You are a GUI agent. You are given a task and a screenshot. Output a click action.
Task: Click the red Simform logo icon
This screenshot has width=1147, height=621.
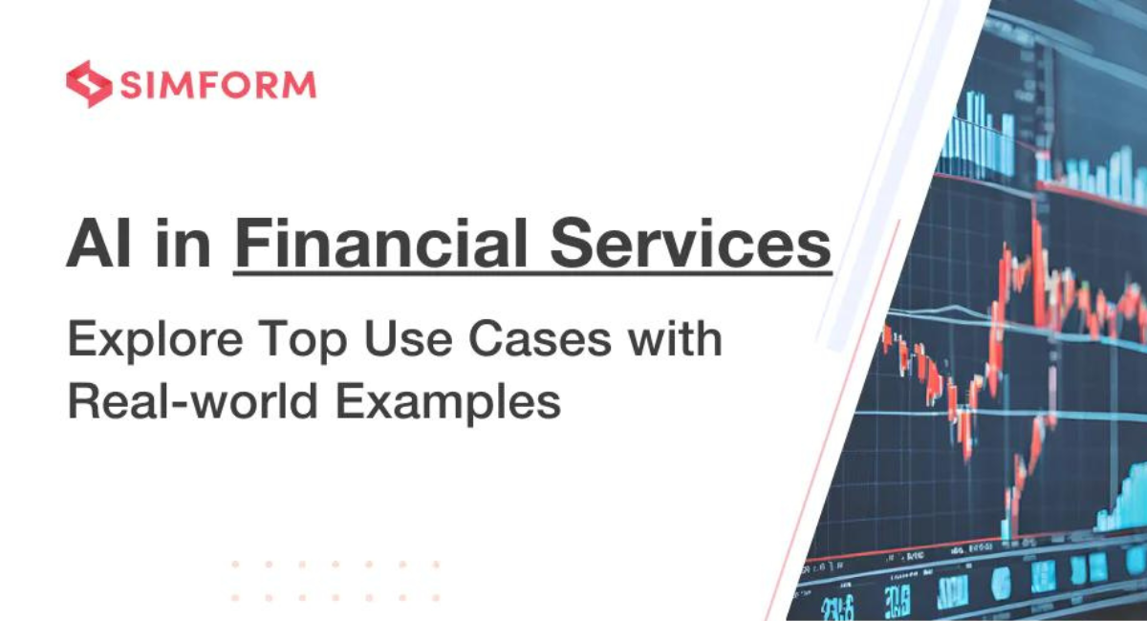(88, 84)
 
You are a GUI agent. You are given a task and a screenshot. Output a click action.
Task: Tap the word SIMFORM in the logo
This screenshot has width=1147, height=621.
(217, 85)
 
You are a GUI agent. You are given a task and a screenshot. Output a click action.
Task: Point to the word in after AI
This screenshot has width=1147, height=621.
(185, 245)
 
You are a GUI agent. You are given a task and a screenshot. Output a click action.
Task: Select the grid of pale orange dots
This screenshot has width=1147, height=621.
(335, 580)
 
